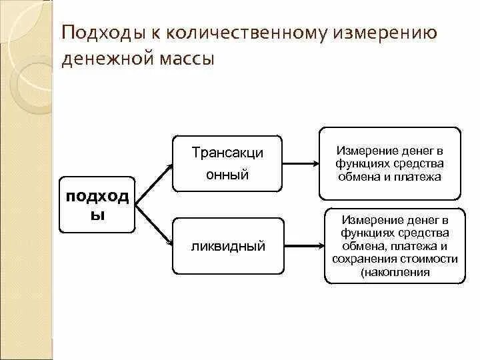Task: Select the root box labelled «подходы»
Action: [x=97, y=205]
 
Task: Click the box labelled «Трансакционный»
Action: [x=227, y=163]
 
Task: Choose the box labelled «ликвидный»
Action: [x=227, y=246]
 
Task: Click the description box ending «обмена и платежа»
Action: [x=389, y=163]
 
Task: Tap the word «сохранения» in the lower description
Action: [x=366, y=259]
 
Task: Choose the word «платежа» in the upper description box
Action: [x=423, y=177]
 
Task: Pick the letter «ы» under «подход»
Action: [x=97, y=217]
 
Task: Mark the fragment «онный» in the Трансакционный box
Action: [x=228, y=175]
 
